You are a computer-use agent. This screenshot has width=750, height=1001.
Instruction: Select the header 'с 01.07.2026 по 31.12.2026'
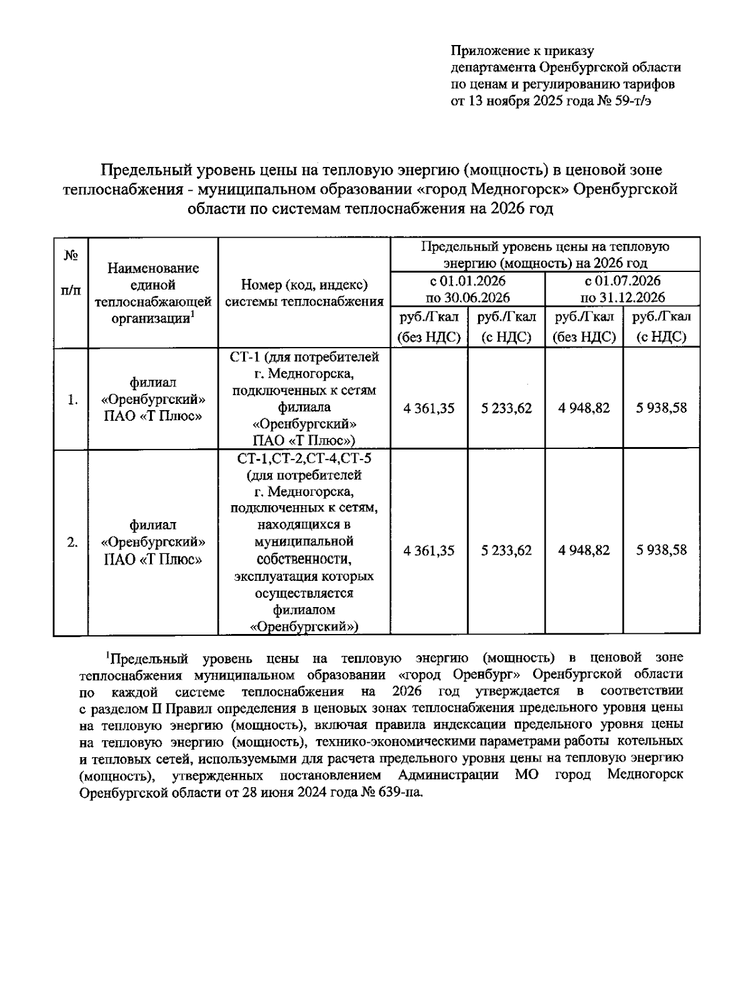pos(622,289)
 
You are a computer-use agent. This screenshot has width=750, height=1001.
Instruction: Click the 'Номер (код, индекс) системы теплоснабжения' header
pos(304,293)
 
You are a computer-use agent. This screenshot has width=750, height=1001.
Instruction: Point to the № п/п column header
pos(71,273)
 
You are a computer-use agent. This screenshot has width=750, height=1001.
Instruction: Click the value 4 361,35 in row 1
pos(429,408)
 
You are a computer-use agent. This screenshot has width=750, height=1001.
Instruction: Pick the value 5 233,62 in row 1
pos(506,408)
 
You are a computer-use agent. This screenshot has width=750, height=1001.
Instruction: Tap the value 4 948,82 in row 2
pos(584,550)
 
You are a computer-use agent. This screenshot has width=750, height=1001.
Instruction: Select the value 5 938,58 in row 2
pos(661,550)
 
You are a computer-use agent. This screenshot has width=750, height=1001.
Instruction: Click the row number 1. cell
pos(73,400)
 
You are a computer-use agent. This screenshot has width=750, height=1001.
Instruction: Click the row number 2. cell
pos(73,542)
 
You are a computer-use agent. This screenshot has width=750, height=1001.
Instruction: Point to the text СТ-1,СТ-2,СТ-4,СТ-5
pos(304,459)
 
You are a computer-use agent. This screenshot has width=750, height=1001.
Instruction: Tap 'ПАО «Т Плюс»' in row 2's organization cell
pos(153,559)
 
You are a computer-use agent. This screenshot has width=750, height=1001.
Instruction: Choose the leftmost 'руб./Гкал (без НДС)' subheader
pos(429,327)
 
